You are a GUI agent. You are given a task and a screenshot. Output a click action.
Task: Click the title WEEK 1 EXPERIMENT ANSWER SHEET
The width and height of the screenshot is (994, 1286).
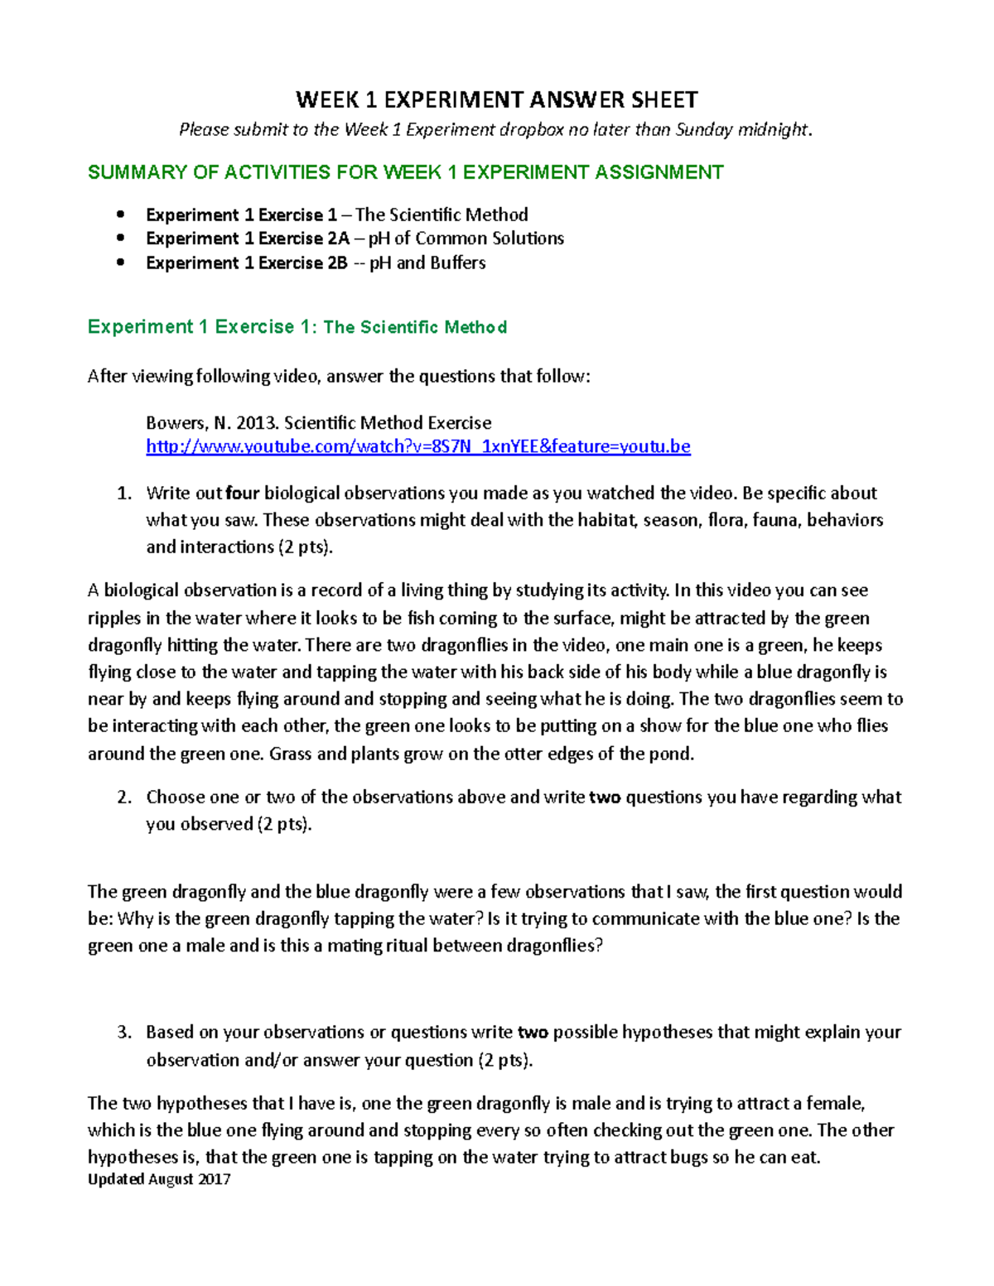click(x=496, y=100)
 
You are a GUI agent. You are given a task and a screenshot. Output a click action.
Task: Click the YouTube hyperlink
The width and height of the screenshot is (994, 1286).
click(x=417, y=446)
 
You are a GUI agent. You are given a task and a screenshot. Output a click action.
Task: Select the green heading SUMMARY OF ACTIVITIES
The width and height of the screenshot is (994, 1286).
click(x=405, y=172)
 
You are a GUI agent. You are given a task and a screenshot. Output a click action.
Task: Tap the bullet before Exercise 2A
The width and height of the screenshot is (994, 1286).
click(x=122, y=238)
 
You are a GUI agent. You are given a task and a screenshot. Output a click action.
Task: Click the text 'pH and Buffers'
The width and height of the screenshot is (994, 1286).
click(x=427, y=262)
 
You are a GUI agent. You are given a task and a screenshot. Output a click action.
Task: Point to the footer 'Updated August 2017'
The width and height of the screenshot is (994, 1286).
click(x=159, y=1179)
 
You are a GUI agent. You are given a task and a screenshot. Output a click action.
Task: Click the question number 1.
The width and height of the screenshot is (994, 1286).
click(x=123, y=494)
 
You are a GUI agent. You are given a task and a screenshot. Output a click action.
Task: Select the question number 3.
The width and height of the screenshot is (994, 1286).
click(x=123, y=1033)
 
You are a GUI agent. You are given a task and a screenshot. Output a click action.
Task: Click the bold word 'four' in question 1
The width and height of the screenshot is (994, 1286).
click(x=242, y=494)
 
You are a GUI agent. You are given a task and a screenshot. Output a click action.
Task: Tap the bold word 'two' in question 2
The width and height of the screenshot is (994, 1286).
click(x=605, y=797)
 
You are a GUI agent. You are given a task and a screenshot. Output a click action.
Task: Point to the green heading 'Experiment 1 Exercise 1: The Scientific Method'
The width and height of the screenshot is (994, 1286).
click(x=297, y=327)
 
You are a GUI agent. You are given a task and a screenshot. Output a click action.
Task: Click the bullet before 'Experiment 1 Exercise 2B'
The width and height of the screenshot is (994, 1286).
click(x=122, y=262)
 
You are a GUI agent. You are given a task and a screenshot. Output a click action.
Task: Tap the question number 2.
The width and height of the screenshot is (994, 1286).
click(x=123, y=797)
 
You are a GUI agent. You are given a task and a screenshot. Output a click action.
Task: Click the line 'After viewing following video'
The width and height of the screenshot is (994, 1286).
click(x=339, y=376)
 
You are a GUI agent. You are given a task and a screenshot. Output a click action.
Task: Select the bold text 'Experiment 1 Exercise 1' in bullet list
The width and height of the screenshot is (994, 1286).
click(x=241, y=215)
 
